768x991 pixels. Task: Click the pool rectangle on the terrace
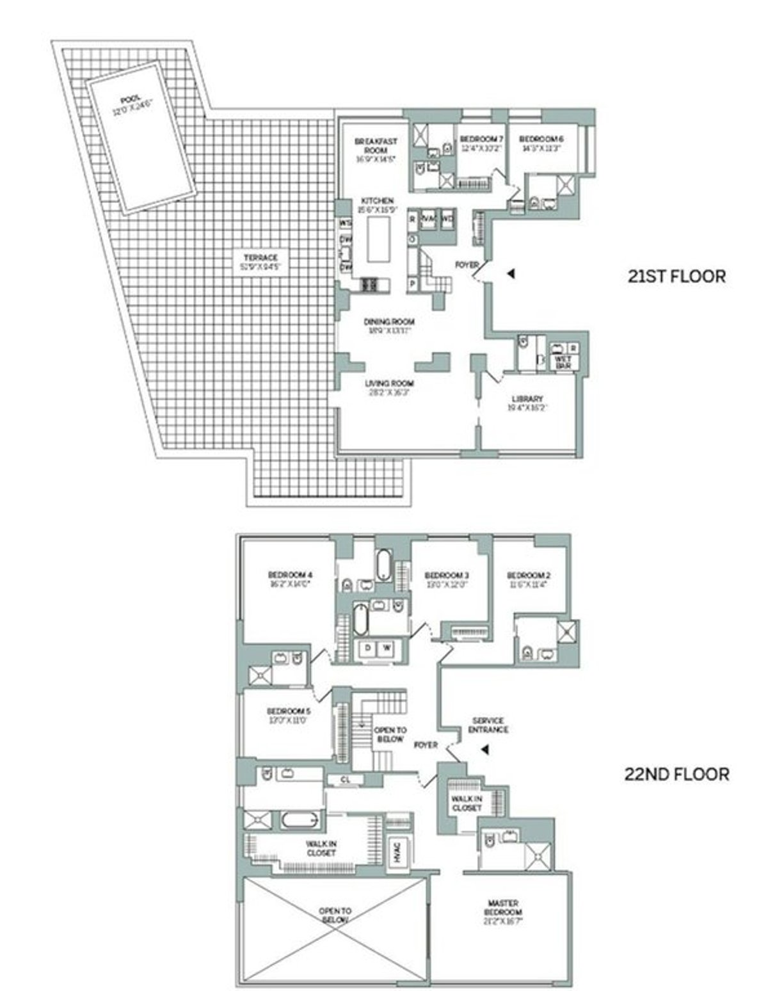141,136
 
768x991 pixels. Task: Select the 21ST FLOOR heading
676,277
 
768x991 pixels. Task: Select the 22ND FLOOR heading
676,774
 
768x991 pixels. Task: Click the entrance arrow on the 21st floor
510,274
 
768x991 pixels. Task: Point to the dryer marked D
368,649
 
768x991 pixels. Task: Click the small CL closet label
344,780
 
